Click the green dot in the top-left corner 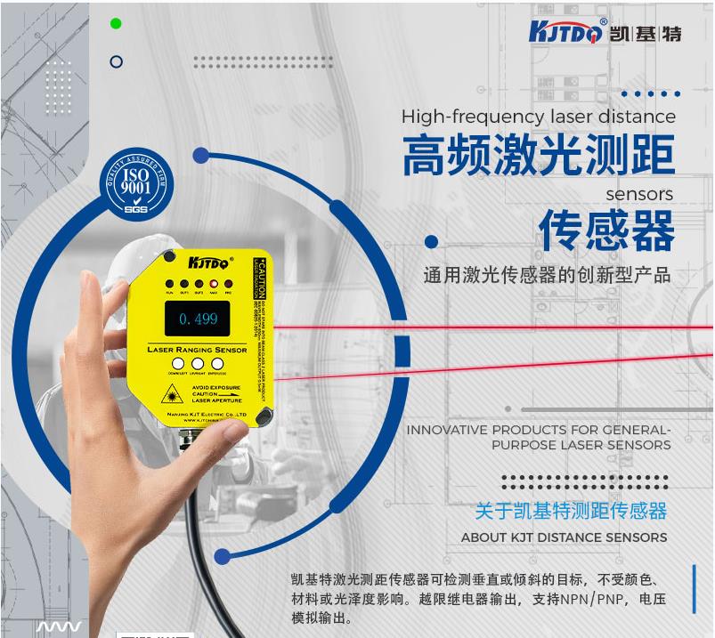tap(116, 24)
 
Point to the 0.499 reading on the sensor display tap(198, 319)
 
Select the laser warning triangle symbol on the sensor tap(169, 393)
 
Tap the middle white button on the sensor tap(198, 363)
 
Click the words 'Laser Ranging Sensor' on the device tap(197, 350)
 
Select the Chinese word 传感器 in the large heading tap(606, 231)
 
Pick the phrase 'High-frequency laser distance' tap(538, 117)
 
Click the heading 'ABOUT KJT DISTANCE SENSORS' tap(564, 537)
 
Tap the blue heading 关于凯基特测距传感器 tap(570, 511)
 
